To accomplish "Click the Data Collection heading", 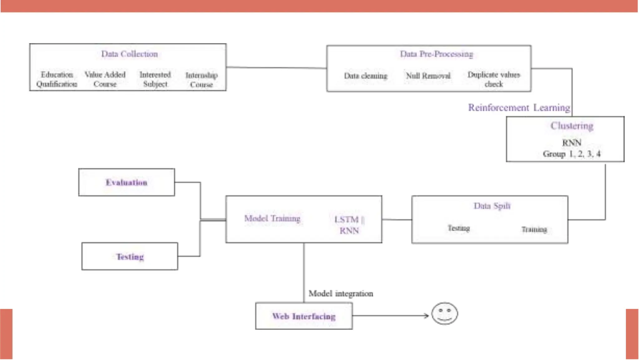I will [129, 54].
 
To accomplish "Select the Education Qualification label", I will [57, 79].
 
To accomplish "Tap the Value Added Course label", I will [105, 79].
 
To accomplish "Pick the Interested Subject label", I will [155, 79].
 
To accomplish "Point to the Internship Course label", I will [202, 80].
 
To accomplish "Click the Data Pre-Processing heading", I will [437, 54].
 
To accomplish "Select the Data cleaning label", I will [365, 76].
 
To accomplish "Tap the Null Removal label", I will [428, 76].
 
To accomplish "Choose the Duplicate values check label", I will [494, 79].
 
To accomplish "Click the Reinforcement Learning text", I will [519, 108].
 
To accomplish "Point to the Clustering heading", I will [572, 126].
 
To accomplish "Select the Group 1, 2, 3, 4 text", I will [572, 154].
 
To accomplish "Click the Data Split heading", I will [492, 206].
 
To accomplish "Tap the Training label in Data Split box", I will [534, 230].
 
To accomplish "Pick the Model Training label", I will [272, 219].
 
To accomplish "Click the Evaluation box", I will [127, 182].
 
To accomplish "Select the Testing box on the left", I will [130, 257].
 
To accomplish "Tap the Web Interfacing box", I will [304, 316].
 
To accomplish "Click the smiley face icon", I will [445, 313].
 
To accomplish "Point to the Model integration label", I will [341, 294].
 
